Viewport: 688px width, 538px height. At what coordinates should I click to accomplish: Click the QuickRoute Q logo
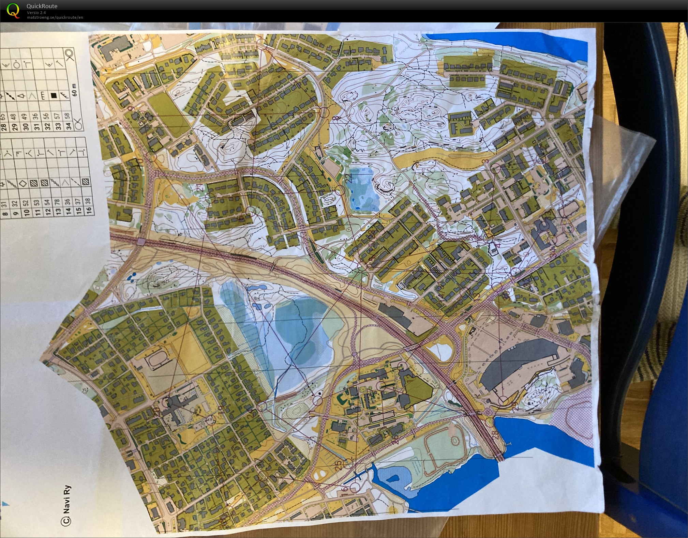point(13,10)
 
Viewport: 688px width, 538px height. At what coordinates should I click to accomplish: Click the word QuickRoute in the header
point(42,6)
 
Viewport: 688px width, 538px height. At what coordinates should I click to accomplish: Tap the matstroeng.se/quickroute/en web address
point(55,17)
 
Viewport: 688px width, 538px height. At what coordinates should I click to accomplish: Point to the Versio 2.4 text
point(36,13)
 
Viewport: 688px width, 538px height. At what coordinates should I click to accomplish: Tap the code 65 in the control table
point(3,117)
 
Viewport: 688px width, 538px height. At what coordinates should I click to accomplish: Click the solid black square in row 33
point(54,96)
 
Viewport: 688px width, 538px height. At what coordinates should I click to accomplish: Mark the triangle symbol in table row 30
point(21,96)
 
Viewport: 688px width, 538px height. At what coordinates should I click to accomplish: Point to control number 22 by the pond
point(348,178)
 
